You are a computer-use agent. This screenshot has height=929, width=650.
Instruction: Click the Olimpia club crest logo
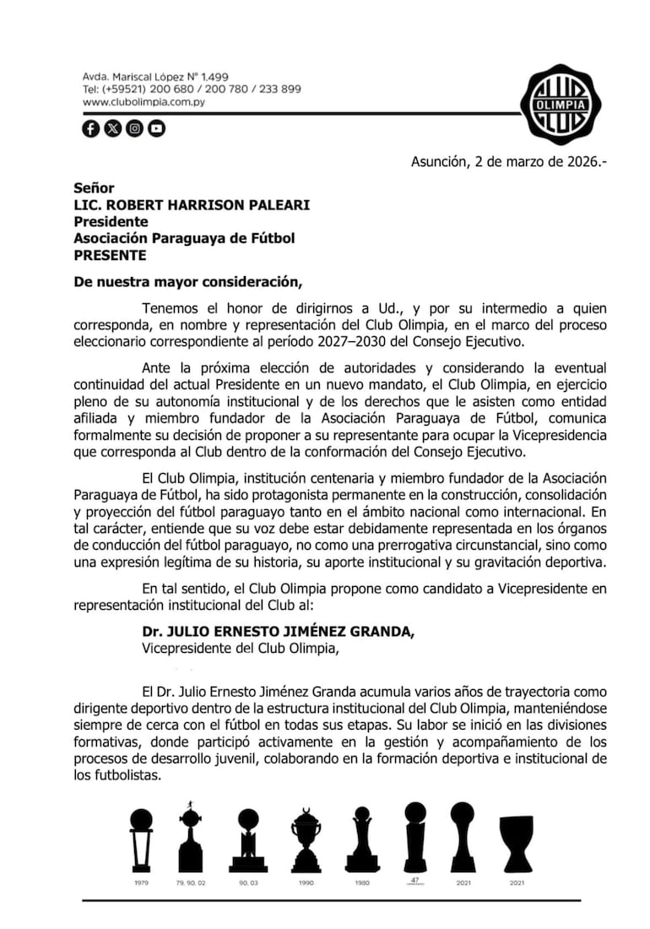pyautogui.click(x=560, y=103)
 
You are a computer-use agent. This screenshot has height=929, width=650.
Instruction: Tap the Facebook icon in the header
pyautogui.click(x=90, y=128)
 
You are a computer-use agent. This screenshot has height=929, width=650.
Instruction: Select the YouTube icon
pyautogui.click(x=156, y=128)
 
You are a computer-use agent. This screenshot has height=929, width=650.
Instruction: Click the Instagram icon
pyautogui.click(x=134, y=128)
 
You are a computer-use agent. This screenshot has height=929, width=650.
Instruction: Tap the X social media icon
pyautogui.click(x=112, y=128)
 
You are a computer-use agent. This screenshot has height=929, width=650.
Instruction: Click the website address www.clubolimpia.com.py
pyautogui.click(x=144, y=101)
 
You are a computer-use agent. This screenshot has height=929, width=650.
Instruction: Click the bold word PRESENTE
pyautogui.click(x=110, y=255)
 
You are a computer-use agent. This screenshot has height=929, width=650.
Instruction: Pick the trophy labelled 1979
pyautogui.click(x=141, y=839)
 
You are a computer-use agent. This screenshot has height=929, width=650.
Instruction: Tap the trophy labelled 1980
pyautogui.click(x=362, y=839)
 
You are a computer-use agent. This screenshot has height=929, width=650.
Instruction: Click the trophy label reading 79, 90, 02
pyautogui.click(x=191, y=883)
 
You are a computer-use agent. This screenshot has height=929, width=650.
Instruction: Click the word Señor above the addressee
pyautogui.click(x=94, y=188)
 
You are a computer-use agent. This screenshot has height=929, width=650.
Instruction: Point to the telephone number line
pyautogui.click(x=192, y=89)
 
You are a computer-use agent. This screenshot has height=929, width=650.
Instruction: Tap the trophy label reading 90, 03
pyautogui.click(x=248, y=883)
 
